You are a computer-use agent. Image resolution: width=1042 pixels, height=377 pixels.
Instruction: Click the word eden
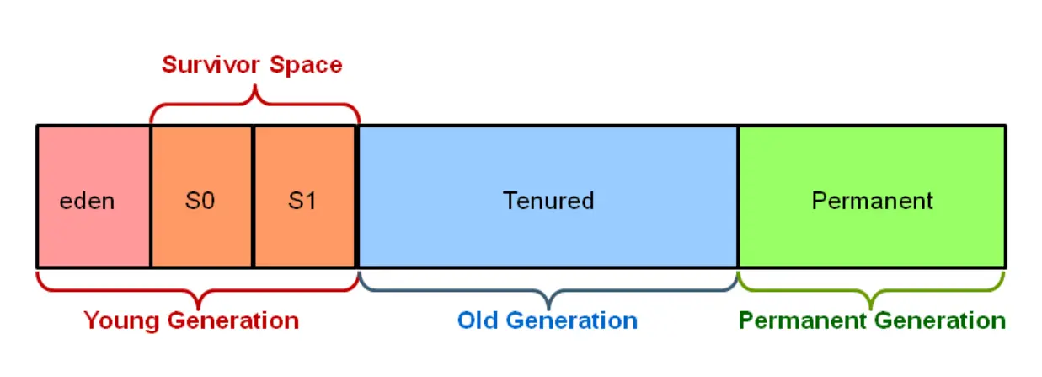[87, 202]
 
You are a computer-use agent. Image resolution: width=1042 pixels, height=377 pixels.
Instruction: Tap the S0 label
[200, 202]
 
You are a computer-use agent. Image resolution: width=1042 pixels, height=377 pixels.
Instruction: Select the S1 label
[302, 202]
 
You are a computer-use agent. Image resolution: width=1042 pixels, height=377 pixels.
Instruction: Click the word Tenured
[548, 201]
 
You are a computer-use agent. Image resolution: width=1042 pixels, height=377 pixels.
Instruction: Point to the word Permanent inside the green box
[872, 201]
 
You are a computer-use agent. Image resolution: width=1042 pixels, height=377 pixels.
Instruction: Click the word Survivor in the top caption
[211, 65]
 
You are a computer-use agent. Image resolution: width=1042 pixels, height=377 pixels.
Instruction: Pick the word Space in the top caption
[306, 65]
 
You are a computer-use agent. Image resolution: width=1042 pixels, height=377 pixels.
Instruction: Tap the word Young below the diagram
[122, 321]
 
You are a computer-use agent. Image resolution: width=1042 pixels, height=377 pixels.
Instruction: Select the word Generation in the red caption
[233, 320]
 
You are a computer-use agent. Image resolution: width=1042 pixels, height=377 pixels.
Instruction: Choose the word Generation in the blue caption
[572, 320]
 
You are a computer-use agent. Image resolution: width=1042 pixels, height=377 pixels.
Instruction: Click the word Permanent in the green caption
[803, 320]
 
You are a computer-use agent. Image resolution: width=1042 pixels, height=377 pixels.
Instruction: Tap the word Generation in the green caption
[940, 320]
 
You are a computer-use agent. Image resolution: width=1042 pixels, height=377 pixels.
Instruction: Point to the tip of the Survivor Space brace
[255, 85]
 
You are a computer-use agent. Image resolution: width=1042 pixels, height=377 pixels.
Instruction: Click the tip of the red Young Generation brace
[199, 310]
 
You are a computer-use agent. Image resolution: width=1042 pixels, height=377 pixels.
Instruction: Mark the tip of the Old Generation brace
[549, 310]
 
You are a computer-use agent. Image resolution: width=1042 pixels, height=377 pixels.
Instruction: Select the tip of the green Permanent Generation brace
[871, 310]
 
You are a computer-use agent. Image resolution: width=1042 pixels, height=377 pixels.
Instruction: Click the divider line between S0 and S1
[253, 197]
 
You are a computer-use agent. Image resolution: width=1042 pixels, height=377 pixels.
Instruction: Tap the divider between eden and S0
[151, 197]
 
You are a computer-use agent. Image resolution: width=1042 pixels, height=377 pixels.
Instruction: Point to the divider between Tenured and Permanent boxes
[738, 197]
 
